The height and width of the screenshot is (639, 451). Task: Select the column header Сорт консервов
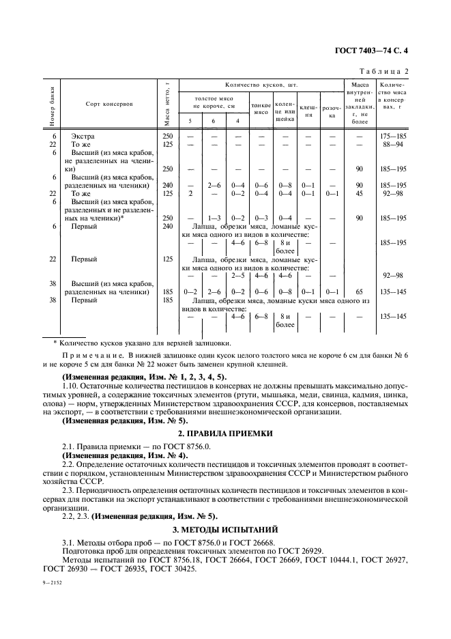pyautogui.click(x=109, y=104)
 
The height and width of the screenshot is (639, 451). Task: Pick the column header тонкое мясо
pyautogui.click(x=261, y=108)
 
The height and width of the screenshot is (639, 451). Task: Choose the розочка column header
pyautogui.click(x=332, y=111)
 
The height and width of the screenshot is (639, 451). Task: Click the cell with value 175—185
pyautogui.click(x=391, y=137)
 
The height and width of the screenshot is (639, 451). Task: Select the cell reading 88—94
pyautogui.click(x=392, y=145)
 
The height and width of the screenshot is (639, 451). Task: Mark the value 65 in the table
pyautogui.click(x=360, y=291)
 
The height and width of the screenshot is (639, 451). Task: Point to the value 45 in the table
pyautogui.click(x=360, y=193)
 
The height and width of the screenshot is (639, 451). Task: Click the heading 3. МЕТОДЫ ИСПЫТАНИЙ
pyautogui.click(x=225, y=528)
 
